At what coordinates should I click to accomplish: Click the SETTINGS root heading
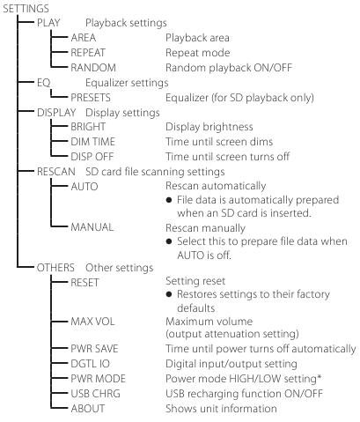(26, 9)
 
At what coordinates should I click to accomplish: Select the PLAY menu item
(48, 23)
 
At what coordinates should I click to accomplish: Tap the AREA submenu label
(84, 38)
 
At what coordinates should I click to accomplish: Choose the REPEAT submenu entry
(88, 53)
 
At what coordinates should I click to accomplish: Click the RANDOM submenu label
(93, 68)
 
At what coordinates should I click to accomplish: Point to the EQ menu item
(44, 83)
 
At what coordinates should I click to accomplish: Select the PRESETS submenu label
(91, 98)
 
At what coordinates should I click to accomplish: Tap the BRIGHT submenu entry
(88, 127)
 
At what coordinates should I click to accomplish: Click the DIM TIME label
(93, 142)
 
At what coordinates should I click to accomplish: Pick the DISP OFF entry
(92, 157)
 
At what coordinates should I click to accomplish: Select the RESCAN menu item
(56, 172)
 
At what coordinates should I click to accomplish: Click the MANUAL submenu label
(92, 227)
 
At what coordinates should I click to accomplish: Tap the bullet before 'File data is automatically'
(169, 200)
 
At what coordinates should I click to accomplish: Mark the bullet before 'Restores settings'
(169, 294)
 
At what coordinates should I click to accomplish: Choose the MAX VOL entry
(92, 322)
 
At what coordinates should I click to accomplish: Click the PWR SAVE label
(94, 349)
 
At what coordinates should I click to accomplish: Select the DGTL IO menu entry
(91, 364)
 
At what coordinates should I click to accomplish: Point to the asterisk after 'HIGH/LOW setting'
(319, 376)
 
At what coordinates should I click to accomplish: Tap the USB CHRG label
(96, 394)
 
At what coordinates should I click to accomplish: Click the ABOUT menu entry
(88, 409)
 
